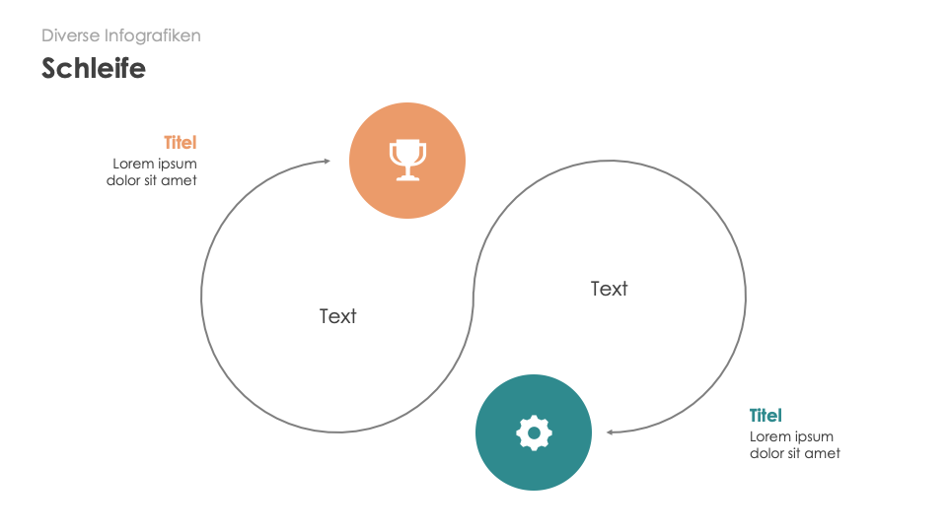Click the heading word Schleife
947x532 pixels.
click(x=94, y=68)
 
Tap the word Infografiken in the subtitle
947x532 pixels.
click(x=153, y=35)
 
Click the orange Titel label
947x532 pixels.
click(x=180, y=142)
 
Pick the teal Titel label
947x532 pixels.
click(x=765, y=416)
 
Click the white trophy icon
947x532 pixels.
click(x=407, y=160)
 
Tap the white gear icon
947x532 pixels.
click(x=534, y=432)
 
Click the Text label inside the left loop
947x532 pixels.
click(x=338, y=316)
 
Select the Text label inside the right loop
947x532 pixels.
click(x=609, y=289)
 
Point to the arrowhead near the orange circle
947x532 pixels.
click(x=328, y=161)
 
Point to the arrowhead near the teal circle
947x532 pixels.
click(x=610, y=432)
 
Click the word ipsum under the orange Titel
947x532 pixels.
click(x=178, y=165)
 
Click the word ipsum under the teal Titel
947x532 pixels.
click(x=814, y=437)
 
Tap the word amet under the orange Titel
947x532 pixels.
click(x=179, y=180)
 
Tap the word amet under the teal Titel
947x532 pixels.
click(x=822, y=453)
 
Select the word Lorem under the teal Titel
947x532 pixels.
click(x=770, y=436)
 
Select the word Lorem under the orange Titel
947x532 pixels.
click(x=133, y=164)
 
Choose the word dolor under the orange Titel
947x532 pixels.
click(x=123, y=180)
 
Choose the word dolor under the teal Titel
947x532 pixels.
click(x=766, y=453)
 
